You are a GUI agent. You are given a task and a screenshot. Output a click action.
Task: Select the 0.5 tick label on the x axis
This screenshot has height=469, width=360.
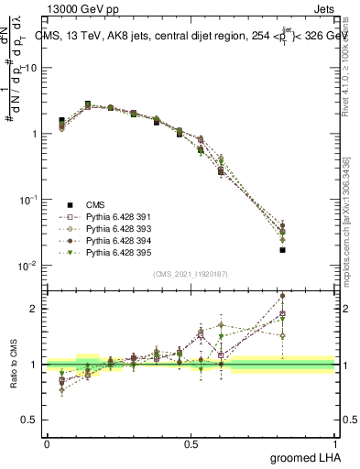[191, 443]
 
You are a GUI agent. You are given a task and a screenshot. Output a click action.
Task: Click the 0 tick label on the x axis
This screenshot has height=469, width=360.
[47, 443]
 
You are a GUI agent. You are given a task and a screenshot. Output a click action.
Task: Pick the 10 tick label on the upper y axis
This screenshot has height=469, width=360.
[31, 68]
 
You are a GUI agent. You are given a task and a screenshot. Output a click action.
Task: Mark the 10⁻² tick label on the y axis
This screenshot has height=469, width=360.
[27, 266]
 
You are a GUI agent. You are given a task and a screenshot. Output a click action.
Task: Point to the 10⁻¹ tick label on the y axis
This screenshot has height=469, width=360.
[27, 200]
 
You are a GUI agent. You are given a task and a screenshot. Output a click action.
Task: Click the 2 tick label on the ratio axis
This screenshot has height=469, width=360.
[35, 309]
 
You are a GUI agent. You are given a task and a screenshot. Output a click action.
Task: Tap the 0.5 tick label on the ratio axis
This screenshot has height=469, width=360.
[30, 420]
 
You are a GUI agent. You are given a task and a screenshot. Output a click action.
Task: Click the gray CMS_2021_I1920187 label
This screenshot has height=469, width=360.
[191, 274]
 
